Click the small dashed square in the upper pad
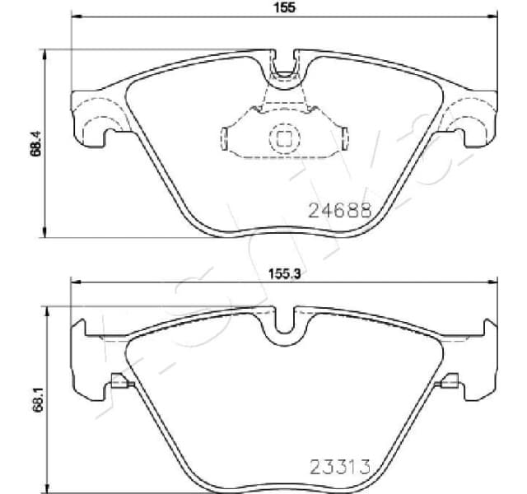pyautogui.click(x=284, y=138)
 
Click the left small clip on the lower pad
pyautogui.click(x=119, y=382)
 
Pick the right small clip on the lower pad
pyautogui.click(x=450, y=382)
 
